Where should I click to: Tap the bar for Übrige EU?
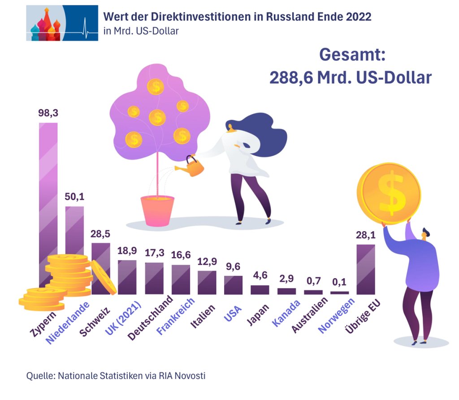click(x=365, y=269)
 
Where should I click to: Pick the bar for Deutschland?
click(x=154, y=278)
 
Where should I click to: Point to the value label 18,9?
click(x=127, y=251)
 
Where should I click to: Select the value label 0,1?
click(x=339, y=283)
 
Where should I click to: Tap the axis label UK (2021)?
click(x=123, y=319)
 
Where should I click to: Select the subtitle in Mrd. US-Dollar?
click(x=141, y=31)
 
